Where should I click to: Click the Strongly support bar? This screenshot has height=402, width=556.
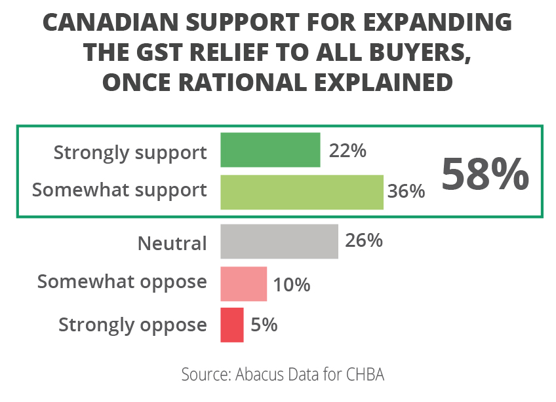270,150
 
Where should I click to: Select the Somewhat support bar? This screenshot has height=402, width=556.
302,192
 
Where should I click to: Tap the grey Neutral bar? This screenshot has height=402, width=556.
279,242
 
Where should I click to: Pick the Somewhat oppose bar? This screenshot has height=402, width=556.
243,283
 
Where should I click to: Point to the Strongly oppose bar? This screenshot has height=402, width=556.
232,325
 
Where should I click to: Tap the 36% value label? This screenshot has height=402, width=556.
406,192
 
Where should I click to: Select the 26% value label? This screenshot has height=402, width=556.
363,241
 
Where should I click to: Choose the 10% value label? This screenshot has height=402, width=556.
292,285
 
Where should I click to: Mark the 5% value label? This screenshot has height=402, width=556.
264,325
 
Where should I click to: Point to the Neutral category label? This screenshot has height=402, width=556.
172,244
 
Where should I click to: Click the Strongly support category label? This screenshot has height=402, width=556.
130,153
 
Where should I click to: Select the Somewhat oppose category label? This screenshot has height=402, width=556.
122,283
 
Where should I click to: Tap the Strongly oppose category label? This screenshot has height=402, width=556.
132,325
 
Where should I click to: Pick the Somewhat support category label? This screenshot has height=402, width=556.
119,191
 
